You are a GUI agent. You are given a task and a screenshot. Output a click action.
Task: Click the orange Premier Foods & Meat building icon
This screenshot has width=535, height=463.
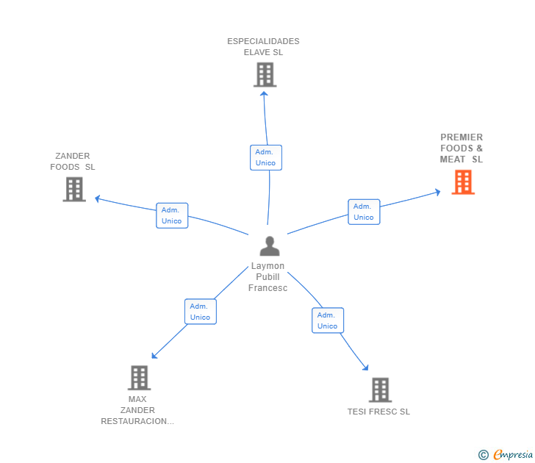click(463, 182)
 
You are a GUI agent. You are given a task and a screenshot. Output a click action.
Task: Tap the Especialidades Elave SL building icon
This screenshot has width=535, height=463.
click(265, 74)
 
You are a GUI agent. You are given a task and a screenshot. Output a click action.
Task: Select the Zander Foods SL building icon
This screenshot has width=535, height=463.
click(74, 189)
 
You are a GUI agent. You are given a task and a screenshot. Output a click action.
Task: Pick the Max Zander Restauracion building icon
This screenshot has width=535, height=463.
click(138, 378)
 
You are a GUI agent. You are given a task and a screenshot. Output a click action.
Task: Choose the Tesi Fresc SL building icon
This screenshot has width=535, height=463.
click(379, 390)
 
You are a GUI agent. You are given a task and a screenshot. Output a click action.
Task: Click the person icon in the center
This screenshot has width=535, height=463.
click(270, 246)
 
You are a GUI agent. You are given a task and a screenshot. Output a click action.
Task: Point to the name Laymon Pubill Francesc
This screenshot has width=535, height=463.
click(267, 277)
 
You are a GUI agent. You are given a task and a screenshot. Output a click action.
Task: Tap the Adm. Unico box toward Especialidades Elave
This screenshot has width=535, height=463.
click(266, 157)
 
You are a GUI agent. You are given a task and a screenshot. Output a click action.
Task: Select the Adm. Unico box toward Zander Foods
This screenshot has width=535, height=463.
click(172, 215)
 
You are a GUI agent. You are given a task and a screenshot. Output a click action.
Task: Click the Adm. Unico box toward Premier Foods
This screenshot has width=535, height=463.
click(364, 212)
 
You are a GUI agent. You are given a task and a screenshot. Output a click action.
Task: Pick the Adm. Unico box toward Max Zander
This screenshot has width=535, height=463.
click(200, 312)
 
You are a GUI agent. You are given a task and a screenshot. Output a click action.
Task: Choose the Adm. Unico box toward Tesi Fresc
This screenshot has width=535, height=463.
click(328, 320)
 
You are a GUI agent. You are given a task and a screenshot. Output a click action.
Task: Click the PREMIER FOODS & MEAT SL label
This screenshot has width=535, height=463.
click(462, 148)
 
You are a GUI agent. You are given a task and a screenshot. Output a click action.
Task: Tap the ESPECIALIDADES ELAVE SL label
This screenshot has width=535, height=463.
click(263, 47)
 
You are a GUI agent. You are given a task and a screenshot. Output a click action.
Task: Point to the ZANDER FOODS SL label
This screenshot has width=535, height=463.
click(73, 161)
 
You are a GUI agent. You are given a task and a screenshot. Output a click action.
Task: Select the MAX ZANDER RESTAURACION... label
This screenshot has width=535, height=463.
click(137, 410)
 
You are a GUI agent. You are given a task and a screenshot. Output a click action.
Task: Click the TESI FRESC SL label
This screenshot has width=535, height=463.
click(378, 412)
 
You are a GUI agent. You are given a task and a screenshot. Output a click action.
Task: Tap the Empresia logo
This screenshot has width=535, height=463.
click(506, 455)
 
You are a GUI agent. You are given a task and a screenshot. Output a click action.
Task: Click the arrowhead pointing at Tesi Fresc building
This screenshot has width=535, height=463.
click(365, 368)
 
